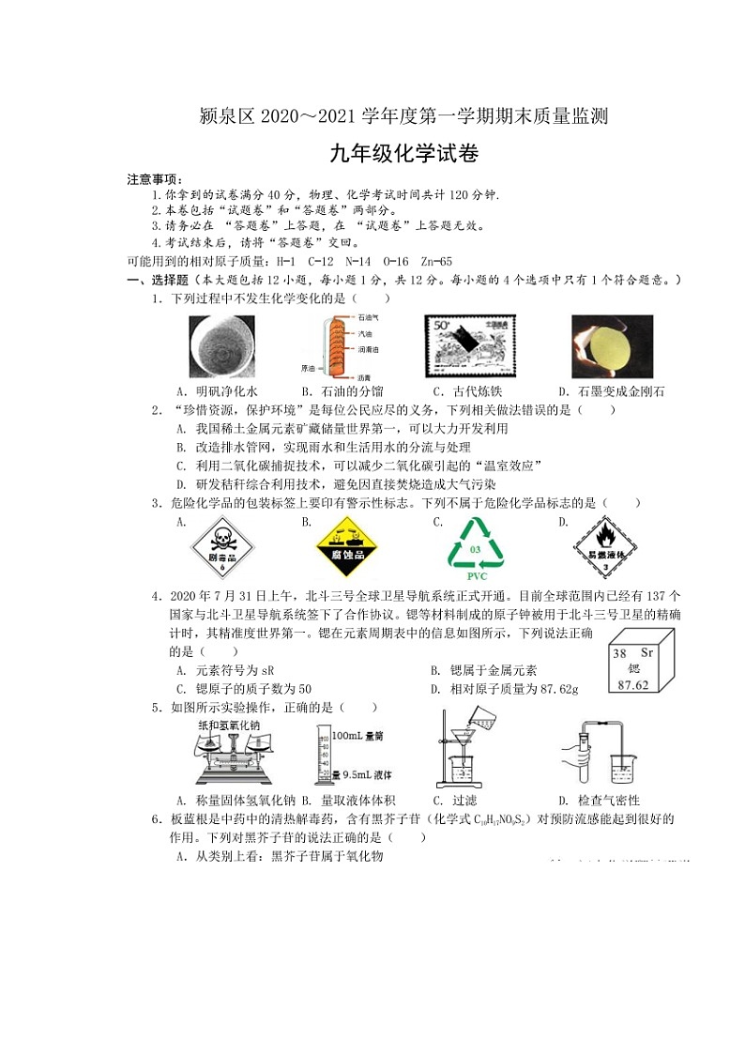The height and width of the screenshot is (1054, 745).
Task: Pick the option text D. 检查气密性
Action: tap(599, 801)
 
